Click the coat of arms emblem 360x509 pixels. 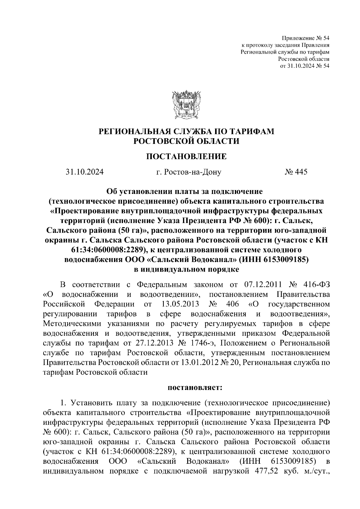(186, 105)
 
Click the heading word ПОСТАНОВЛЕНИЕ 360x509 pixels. (186, 156)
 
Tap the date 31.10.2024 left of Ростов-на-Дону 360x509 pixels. (85, 172)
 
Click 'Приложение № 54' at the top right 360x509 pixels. (305, 38)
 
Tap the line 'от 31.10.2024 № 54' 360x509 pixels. (304, 66)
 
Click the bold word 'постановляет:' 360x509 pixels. (195, 388)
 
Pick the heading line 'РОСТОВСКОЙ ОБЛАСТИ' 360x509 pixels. (186, 141)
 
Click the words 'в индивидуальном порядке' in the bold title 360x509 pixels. (186, 269)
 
